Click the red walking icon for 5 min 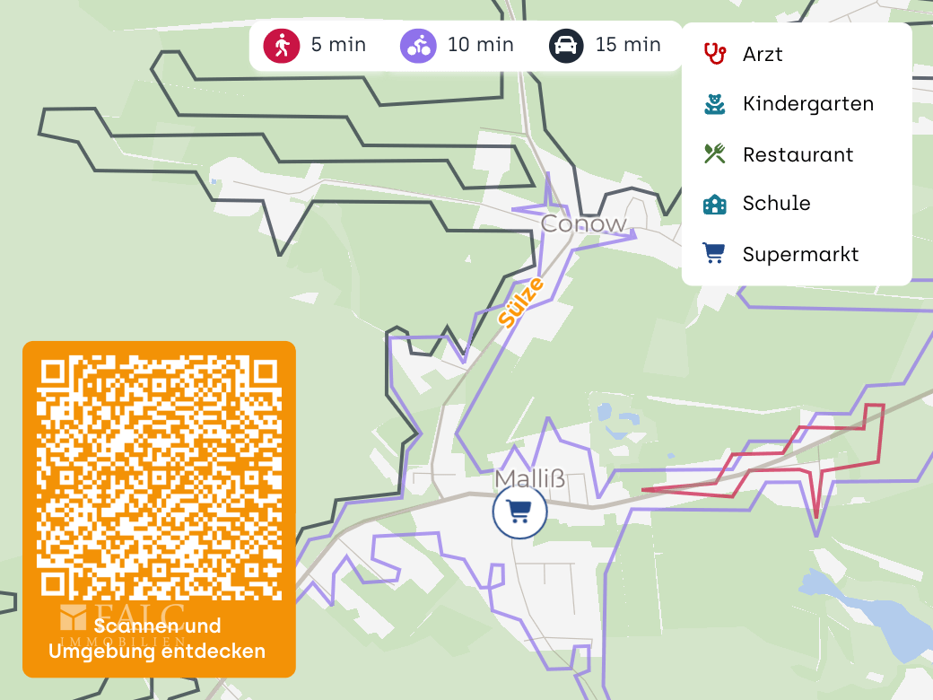pos(281,45)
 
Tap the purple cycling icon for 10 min pos(418,45)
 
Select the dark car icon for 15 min pos(566,45)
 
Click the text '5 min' pos(338,45)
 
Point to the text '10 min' pos(481,45)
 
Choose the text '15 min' pos(628,45)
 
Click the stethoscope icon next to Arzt pos(714,54)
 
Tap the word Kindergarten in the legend pos(807,104)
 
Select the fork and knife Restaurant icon pos(714,153)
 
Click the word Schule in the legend pos(776,204)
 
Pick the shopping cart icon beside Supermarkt pos(714,254)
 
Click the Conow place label pos(583,223)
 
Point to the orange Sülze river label pos(521,302)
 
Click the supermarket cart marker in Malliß pos(519,512)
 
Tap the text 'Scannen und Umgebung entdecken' pos(158,639)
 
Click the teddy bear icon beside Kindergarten pos(714,104)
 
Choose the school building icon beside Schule pos(714,204)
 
